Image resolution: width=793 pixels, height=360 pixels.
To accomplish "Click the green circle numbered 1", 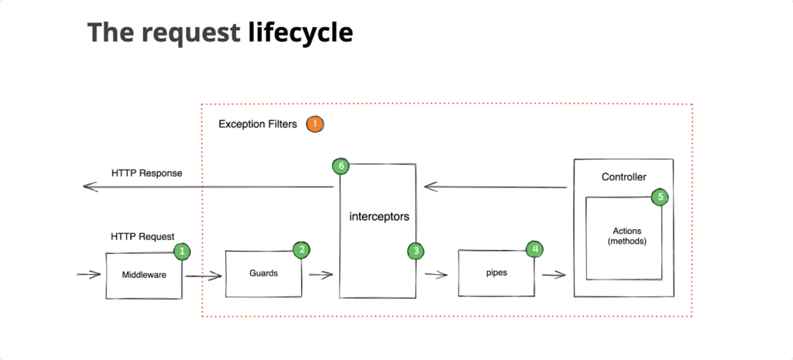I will pos(182,251).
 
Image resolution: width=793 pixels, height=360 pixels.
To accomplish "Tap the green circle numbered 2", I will pos(301,249).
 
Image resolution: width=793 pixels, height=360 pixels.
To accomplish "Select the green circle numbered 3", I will pos(416,251).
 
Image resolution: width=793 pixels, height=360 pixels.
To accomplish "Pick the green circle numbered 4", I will pos(534,249).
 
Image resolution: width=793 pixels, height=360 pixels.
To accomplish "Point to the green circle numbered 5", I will pos(660,197).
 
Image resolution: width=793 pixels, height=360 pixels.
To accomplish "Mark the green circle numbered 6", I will pos(339,166).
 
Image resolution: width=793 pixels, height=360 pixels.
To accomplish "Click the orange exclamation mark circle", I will pos(314,124).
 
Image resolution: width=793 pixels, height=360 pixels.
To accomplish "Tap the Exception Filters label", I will pos(257,124).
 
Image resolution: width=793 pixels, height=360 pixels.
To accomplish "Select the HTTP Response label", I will pos(147,173).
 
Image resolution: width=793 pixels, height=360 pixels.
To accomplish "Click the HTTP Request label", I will pos(142,236).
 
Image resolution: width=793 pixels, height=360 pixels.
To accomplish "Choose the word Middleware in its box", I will pos(143,275).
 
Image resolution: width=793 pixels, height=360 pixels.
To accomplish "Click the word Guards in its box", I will pos(263,273).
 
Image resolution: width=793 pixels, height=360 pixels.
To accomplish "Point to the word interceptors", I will pos(378,218).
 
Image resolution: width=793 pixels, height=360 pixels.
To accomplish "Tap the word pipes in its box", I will pos(496,273).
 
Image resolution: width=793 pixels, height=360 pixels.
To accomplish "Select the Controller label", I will pos(623,177).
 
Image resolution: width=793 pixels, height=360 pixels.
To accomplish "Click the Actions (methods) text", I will pos(627,236).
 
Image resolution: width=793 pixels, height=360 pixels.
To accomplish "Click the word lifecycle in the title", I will pos(300,33).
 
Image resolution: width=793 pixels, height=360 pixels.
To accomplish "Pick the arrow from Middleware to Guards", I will pos(203,275).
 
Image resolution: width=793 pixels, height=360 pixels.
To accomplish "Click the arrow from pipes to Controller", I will pos(553,274).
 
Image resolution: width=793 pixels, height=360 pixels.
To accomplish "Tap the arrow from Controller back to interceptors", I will pos(496,187).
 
